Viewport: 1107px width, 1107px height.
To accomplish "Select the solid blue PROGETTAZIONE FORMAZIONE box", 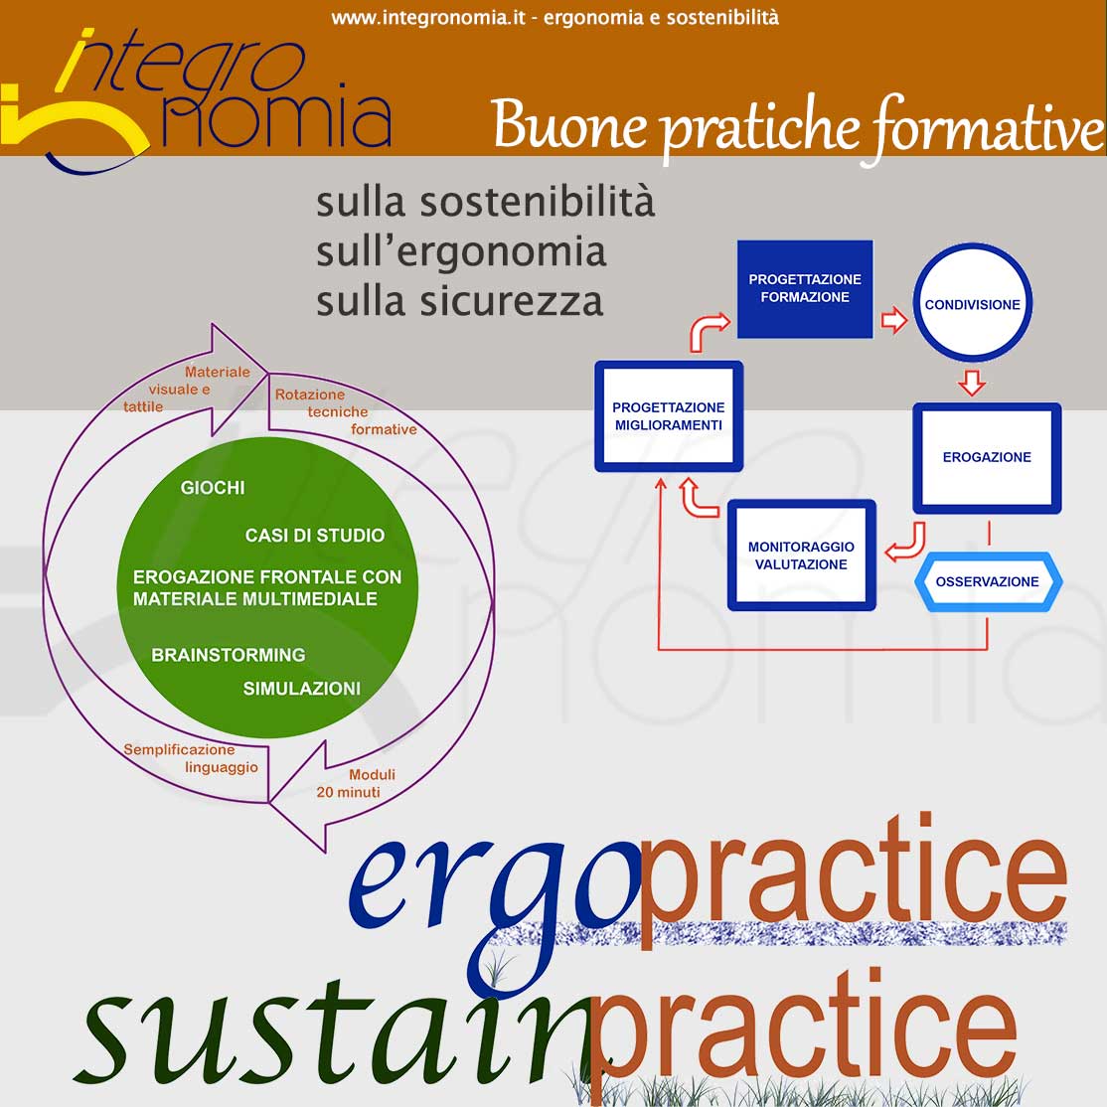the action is tap(805, 289).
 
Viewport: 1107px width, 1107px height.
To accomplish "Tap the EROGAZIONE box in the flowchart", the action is tap(987, 457).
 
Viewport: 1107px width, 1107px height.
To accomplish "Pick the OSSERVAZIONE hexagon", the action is tap(988, 581).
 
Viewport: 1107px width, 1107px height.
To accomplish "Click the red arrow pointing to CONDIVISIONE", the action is tap(893, 320).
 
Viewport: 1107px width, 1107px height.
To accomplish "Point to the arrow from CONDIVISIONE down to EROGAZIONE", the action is tap(972, 382).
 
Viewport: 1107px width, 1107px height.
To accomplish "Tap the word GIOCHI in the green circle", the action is tap(213, 488).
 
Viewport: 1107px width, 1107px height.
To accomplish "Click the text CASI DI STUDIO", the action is tap(315, 536).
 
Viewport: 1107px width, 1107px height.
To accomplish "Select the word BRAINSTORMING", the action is tap(228, 655).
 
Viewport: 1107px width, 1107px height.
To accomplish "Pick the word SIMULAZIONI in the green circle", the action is tap(301, 689).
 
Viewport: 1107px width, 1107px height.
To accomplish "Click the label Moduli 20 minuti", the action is tap(356, 784).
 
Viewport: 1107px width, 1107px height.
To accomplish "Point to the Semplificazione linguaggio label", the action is tap(191, 758).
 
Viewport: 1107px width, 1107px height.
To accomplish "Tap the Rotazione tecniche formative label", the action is tap(345, 411).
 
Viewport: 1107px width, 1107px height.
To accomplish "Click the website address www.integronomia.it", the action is tap(428, 18).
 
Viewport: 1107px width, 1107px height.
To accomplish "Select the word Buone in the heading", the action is tap(569, 124).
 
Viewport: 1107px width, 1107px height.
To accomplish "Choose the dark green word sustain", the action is tap(339, 1032).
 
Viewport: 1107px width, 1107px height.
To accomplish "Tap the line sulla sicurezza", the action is tap(460, 301).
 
